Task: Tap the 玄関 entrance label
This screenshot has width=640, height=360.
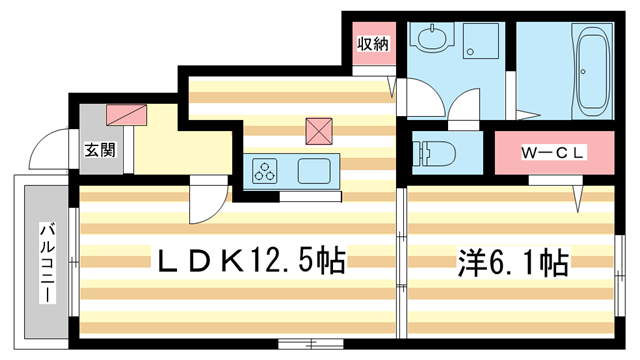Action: [x=99, y=151]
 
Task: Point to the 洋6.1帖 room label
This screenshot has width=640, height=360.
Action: [x=513, y=263]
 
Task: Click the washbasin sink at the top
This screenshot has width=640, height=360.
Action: [x=434, y=41]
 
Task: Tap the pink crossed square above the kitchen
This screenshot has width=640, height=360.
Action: [x=318, y=130]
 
